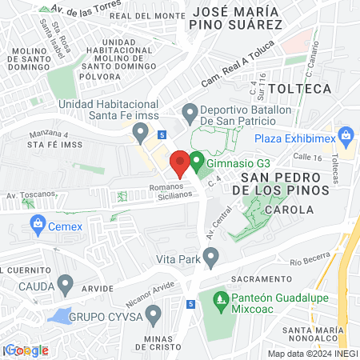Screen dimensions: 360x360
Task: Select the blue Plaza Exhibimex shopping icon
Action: coord(346,135)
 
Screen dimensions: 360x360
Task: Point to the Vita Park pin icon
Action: coord(211,257)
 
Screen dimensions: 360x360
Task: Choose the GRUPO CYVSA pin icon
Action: coord(154,311)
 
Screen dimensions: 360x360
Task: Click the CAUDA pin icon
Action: coord(66,284)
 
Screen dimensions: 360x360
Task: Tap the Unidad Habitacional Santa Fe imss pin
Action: coord(141,130)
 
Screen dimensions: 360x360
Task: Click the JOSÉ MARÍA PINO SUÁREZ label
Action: coord(238,18)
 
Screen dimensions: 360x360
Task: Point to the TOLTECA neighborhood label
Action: coord(300,88)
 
